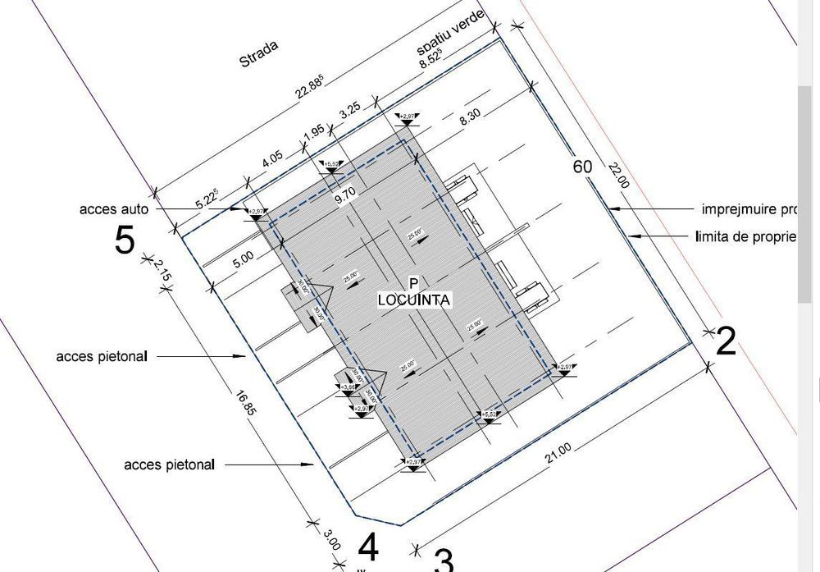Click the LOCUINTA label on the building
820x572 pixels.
(413, 300)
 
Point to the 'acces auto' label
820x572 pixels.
(114, 209)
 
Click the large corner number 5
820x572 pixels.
(125, 241)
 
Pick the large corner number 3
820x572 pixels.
(443, 561)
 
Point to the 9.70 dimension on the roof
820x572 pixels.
(345, 195)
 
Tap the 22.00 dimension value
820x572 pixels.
(618, 176)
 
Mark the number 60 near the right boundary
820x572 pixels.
(582, 167)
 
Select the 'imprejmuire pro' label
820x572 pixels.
(749, 209)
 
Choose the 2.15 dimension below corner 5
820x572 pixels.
(161, 276)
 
